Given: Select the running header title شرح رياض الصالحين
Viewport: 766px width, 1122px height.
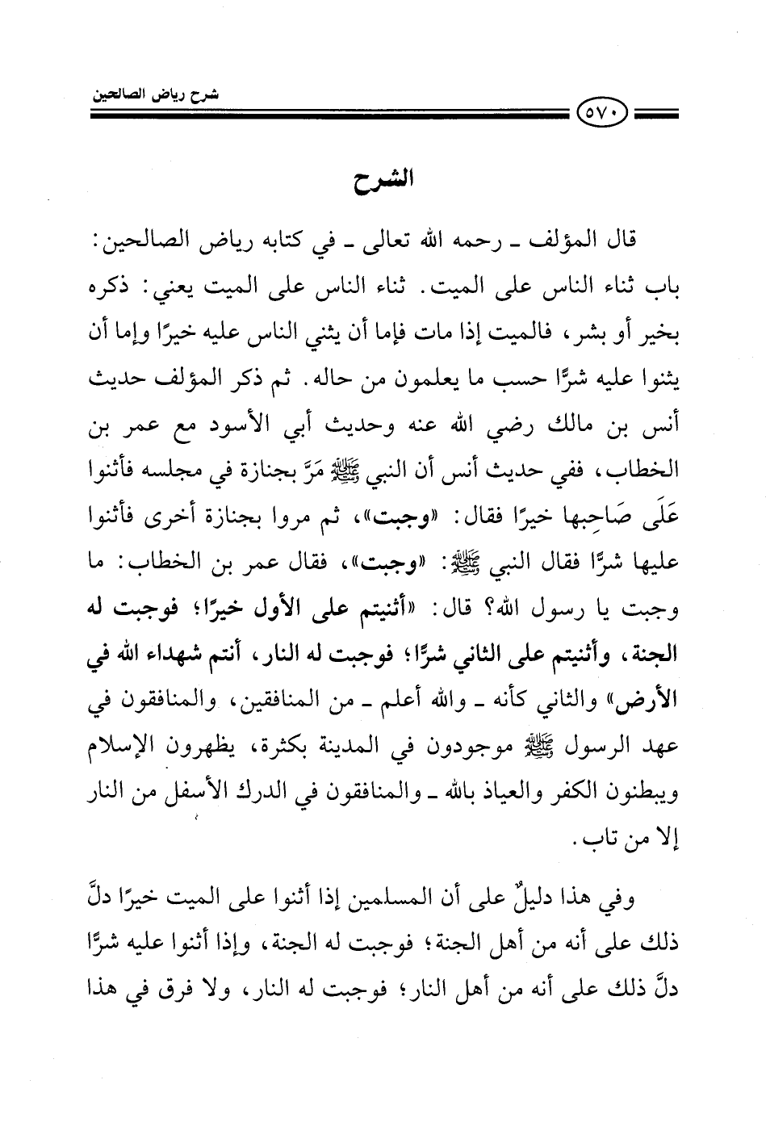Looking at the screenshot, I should [x=160, y=95].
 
